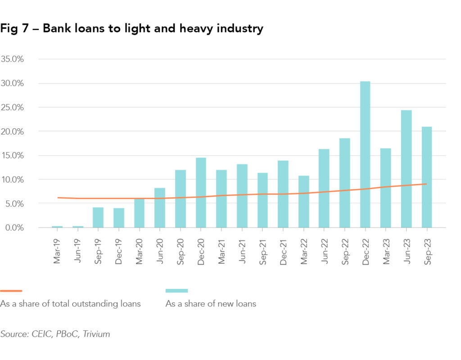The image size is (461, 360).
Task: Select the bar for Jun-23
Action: click(x=406, y=169)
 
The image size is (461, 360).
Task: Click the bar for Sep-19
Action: click(x=98, y=217)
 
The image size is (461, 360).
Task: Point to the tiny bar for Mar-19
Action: click(x=57, y=227)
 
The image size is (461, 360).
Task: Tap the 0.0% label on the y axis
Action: click(x=14, y=228)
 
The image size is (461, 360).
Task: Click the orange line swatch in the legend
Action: click(x=11, y=291)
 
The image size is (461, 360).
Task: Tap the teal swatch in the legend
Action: click(x=176, y=291)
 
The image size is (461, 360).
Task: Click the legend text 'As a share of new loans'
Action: click(x=211, y=304)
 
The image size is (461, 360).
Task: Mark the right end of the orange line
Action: click(x=426, y=184)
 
